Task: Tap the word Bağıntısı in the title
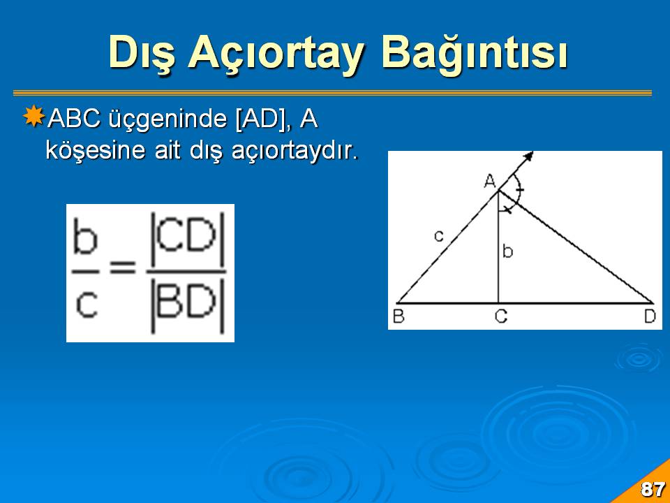(x=475, y=54)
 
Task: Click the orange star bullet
(x=33, y=116)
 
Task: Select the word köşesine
(x=96, y=151)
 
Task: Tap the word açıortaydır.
(x=295, y=152)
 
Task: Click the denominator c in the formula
(x=87, y=305)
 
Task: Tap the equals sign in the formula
(x=123, y=268)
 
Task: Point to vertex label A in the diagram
(x=490, y=182)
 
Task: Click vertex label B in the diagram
(x=399, y=316)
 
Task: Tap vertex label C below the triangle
(x=501, y=316)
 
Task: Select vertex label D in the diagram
(x=650, y=316)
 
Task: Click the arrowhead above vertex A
(x=529, y=156)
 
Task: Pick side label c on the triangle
(x=439, y=235)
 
